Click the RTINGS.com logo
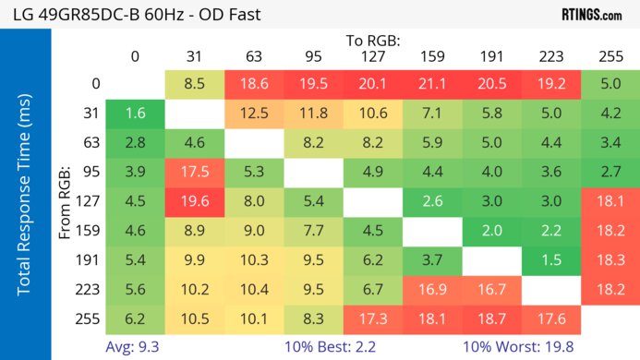coord(591,15)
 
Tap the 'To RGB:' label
coord(374,41)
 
